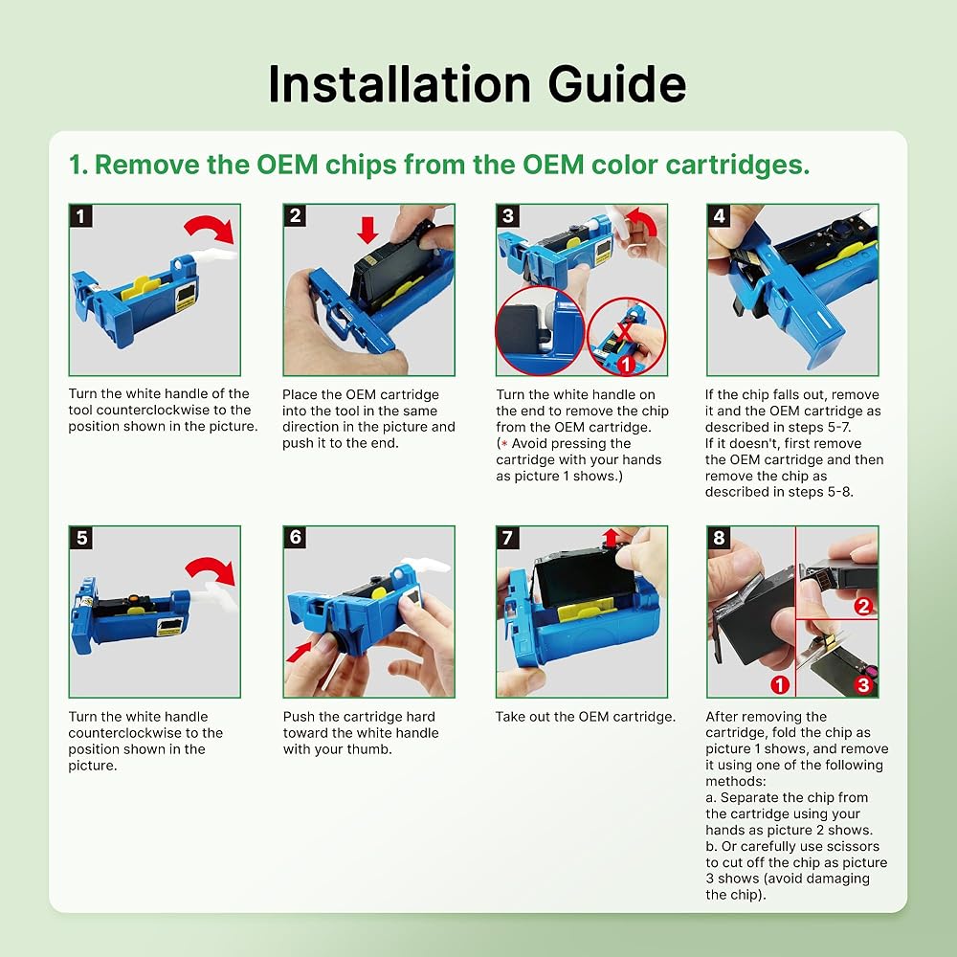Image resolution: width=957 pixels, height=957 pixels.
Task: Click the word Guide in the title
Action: [x=617, y=83]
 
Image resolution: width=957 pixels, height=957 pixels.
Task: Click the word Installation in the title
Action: [x=400, y=83]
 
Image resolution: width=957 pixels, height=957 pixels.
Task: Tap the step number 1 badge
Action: [x=80, y=215]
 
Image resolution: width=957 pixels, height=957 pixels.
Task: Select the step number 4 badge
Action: [x=719, y=215]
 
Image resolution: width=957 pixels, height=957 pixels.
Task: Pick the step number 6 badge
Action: [x=296, y=537]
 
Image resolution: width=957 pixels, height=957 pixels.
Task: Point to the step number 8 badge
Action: [x=719, y=537]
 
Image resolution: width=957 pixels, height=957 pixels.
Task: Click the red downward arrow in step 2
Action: [x=367, y=230]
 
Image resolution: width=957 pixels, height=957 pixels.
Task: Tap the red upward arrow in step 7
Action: [x=611, y=538]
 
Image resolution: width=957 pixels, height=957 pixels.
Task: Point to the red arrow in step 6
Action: [x=299, y=652]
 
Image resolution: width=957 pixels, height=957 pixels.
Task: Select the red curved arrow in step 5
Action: [x=211, y=570]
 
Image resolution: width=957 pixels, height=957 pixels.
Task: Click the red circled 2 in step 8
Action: [x=863, y=606]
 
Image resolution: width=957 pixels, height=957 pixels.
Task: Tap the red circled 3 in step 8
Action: [x=863, y=684]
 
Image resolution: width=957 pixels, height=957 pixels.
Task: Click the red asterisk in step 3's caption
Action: [x=504, y=444]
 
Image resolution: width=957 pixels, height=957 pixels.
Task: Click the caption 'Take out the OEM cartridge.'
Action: [x=586, y=717]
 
